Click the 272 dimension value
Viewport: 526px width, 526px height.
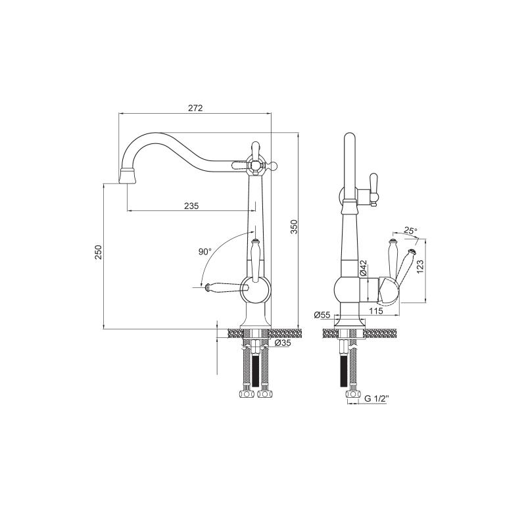point(195,108)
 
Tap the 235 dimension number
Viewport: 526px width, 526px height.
point(191,206)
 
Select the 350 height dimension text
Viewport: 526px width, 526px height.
point(293,227)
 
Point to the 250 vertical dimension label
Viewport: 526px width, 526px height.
point(98,252)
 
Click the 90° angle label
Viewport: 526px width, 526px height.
point(205,252)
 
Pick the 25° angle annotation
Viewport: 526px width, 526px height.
point(410,231)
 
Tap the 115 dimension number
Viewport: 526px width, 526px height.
point(375,311)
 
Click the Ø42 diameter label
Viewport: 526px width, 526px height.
point(364,268)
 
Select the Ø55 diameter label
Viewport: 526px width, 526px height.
point(322,315)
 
